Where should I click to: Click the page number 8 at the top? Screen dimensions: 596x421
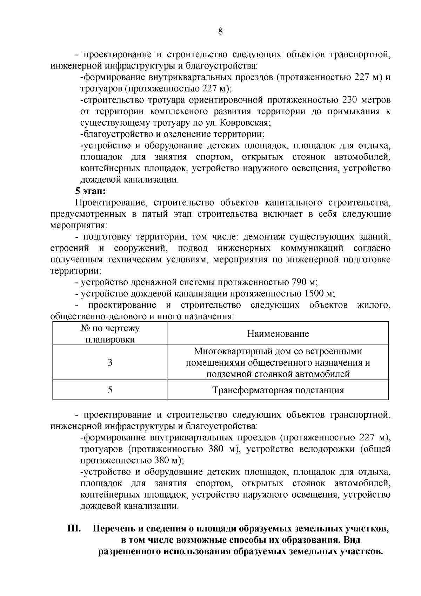[220, 32]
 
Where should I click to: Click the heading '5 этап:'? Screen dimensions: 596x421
[91, 191]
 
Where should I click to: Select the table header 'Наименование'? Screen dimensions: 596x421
[278, 334]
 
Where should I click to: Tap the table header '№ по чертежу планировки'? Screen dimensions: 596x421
[110, 334]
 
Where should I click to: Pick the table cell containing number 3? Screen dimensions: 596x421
[110, 362]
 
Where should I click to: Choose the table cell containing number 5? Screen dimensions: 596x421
[110, 390]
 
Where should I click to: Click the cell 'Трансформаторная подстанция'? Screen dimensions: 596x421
[278, 390]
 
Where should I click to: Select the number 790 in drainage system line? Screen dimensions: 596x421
[299, 282]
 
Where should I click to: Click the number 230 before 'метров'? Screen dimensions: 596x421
[349, 100]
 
